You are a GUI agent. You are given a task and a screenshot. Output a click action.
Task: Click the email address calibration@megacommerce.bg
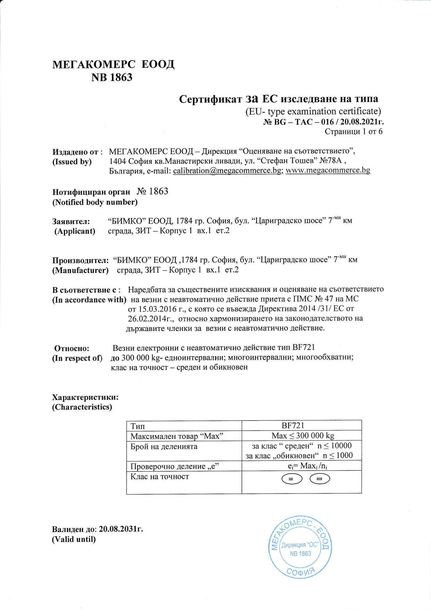click(227, 170)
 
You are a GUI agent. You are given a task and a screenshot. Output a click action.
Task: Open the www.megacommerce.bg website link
click(328, 170)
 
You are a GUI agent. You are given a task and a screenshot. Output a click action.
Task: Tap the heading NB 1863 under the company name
click(112, 78)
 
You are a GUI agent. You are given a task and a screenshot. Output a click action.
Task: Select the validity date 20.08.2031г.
click(121, 529)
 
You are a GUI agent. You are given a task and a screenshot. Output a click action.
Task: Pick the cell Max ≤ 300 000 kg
click(303, 436)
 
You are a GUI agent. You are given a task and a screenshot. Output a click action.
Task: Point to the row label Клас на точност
click(160, 476)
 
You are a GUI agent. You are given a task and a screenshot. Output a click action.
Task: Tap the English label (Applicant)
click(75, 231)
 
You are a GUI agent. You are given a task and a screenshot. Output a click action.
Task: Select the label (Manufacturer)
click(80, 270)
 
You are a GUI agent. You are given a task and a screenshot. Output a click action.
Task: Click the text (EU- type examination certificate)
click(313, 111)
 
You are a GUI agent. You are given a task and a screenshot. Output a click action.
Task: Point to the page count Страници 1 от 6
click(353, 131)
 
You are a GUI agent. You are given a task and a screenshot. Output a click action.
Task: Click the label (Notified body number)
click(95, 202)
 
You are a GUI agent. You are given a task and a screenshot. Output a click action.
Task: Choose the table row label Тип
click(138, 426)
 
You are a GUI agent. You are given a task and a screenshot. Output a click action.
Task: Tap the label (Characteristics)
click(82, 407)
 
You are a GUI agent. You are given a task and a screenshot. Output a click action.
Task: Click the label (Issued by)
click(72, 162)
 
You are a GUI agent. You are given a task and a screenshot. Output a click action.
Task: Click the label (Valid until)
click(74, 539)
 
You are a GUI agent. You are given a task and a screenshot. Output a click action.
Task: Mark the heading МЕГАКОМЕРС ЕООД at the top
click(113, 65)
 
